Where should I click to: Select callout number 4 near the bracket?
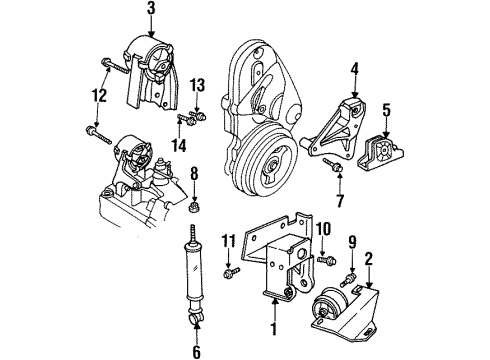pos(354,70)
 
